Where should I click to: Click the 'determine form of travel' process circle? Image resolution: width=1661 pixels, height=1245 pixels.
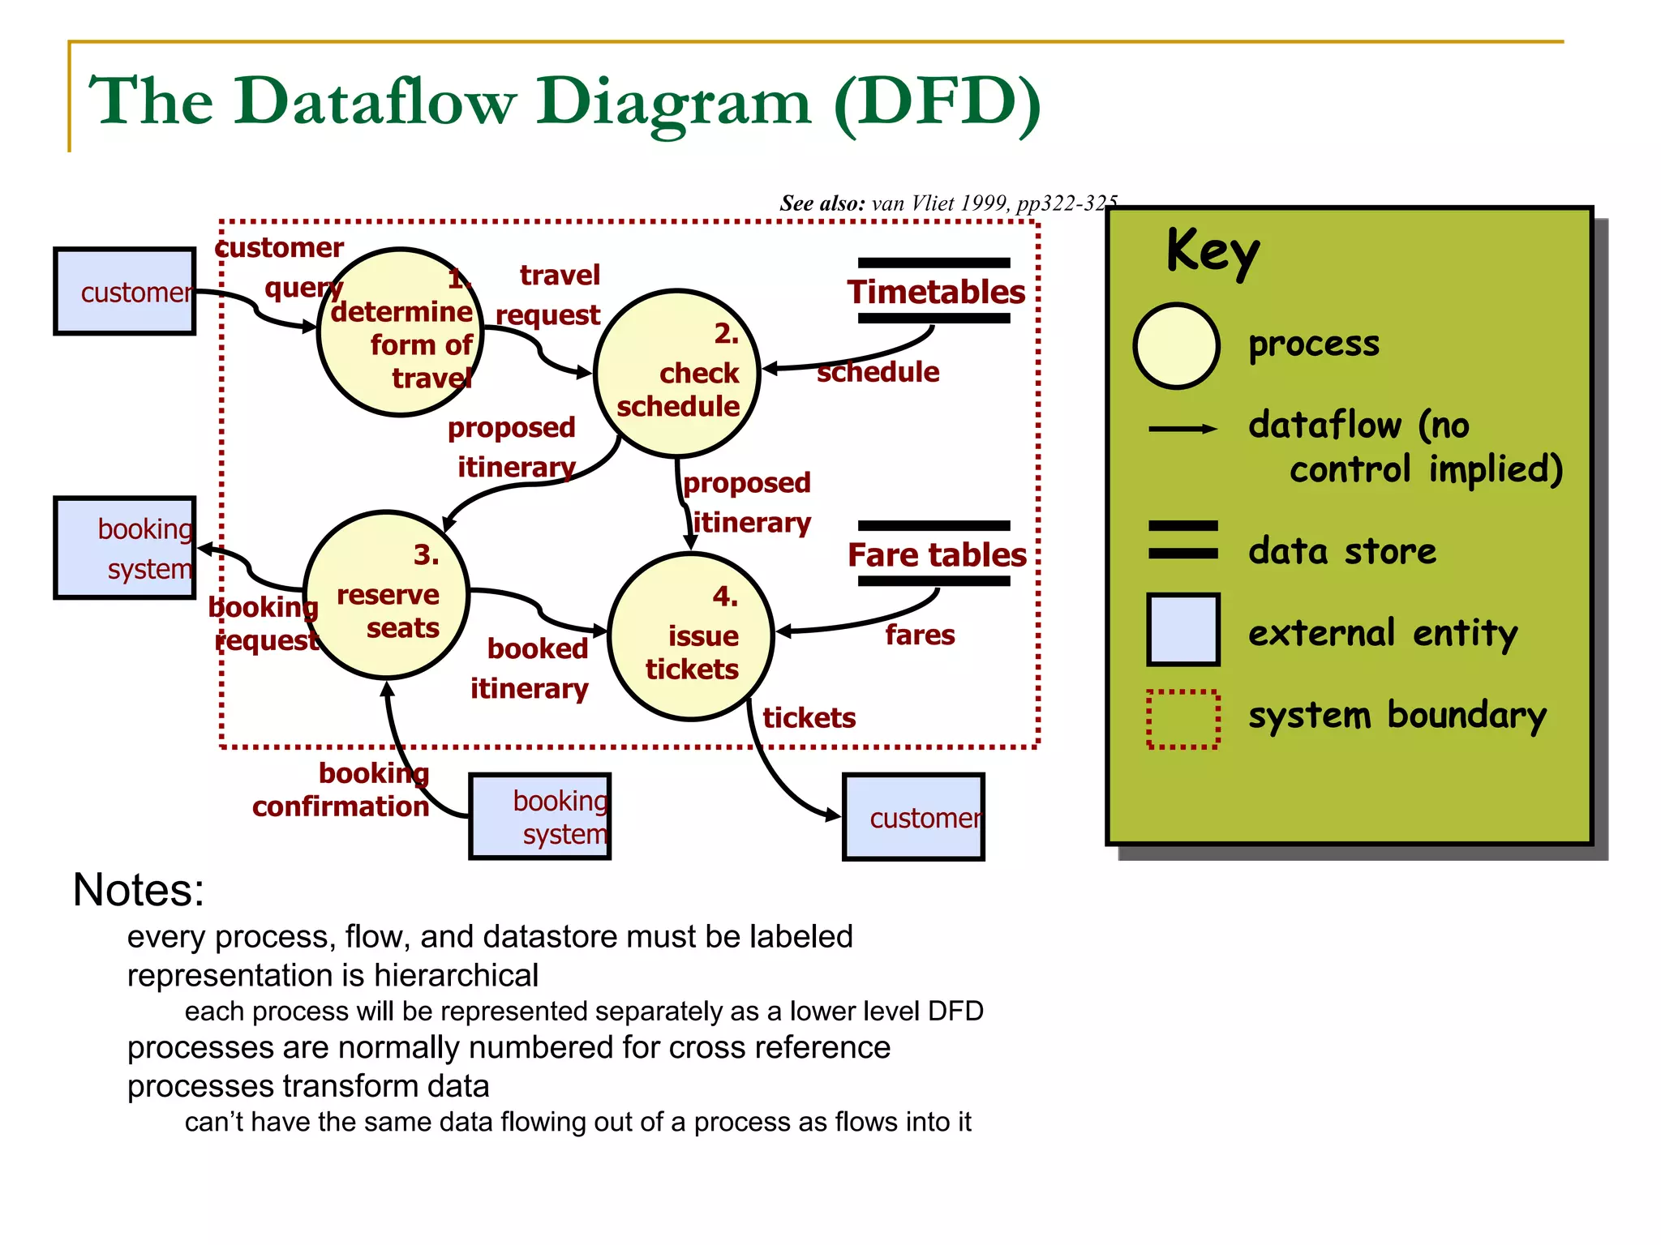[400, 332]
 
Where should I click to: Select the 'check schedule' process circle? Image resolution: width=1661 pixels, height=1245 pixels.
[676, 374]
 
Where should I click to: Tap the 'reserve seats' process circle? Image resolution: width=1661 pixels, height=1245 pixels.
[387, 595]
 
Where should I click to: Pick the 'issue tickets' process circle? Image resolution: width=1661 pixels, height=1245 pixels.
[691, 637]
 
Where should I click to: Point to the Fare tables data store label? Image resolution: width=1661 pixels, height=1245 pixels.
[937, 554]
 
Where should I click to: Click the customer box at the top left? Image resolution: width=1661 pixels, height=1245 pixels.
[125, 292]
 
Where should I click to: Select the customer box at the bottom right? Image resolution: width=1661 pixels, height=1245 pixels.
[913, 817]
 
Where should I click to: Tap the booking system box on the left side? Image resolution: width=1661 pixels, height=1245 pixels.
[125, 549]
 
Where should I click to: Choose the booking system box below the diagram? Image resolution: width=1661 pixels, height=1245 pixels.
[540, 817]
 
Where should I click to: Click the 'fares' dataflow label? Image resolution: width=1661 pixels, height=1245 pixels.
[920, 635]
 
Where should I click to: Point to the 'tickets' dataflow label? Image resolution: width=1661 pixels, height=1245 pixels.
[809, 718]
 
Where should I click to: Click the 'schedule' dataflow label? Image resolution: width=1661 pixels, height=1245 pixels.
[878, 372]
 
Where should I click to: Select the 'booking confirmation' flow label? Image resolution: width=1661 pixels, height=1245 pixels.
[341, 790]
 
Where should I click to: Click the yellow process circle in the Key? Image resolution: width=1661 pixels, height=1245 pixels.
[1176, 346]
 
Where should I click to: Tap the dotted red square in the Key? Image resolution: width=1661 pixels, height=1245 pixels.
[1182, 719]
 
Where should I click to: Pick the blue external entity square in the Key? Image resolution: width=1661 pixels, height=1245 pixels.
[1182, 630]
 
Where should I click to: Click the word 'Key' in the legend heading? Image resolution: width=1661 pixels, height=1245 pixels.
[1212, 251]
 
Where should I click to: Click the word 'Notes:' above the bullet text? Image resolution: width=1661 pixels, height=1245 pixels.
[139, 890]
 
